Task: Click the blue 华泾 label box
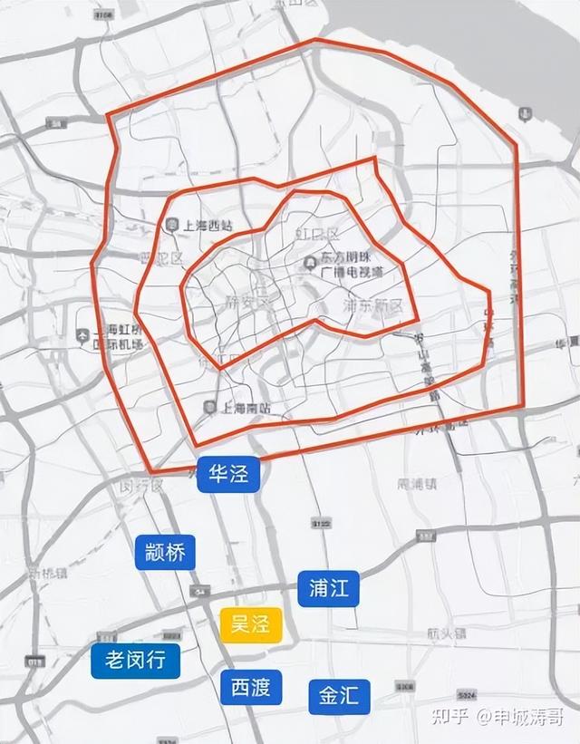[228, 475]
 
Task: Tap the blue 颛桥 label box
[165, 552]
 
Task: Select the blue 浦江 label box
[328, 588]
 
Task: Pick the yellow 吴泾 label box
[251, 625]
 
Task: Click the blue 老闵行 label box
[136, 661]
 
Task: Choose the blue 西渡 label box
[251, 687]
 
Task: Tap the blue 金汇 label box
[339, 695]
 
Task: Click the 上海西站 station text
[209, 227]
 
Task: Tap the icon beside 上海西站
[172, 226]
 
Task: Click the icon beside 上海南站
[211, 408]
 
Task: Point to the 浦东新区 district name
[374, 305]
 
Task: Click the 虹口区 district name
[316, 236]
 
